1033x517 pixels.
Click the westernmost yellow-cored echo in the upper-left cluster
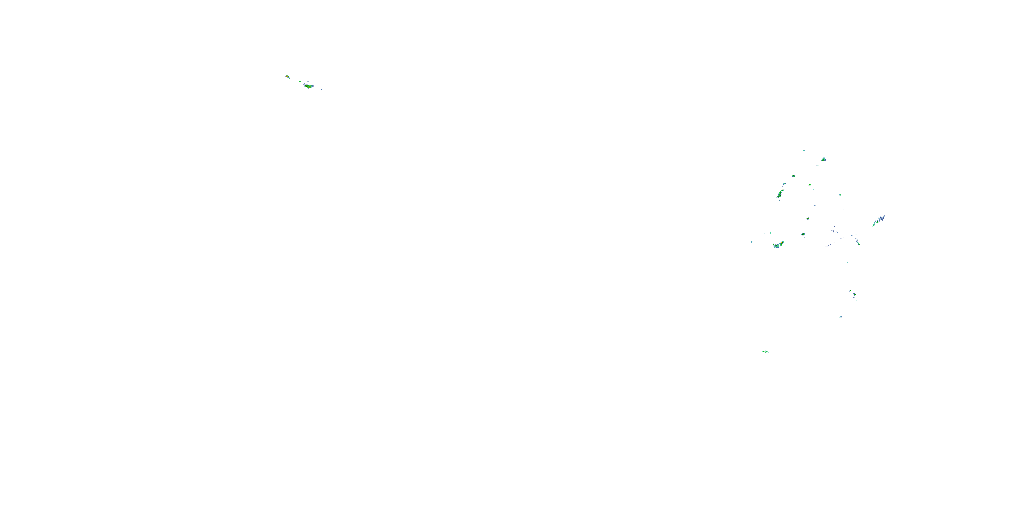click(x=287, y=76)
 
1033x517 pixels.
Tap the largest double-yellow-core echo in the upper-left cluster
click(x=309, y=86)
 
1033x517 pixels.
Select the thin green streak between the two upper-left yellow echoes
click(x=300, y=82)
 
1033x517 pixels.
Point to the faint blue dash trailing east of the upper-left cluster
click(x=322, y=89)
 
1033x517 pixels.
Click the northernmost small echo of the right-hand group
click(x=804, y=151)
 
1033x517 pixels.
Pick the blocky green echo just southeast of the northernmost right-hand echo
click(x=823, y=159)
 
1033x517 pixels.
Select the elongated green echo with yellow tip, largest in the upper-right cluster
click(x=780, y=195)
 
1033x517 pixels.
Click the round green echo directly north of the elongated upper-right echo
click(x=793, y=176)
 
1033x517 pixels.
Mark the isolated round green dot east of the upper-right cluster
click(x=840, y=195)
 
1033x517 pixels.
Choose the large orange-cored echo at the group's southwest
click(x=778, y=245)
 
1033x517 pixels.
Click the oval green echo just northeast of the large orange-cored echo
click(x=803, y=234)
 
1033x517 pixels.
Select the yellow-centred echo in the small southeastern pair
click(x=855, y=294)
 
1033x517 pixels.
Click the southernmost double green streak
click(x=765, y=352)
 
